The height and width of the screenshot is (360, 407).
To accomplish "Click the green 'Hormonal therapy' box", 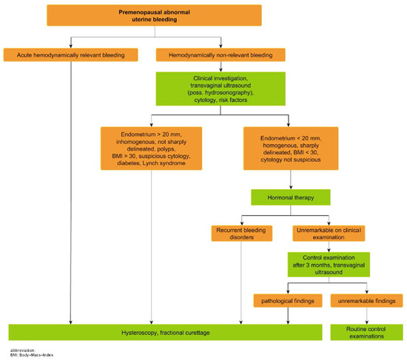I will pos(291,197).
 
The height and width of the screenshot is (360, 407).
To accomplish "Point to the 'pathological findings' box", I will pos(283,301).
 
